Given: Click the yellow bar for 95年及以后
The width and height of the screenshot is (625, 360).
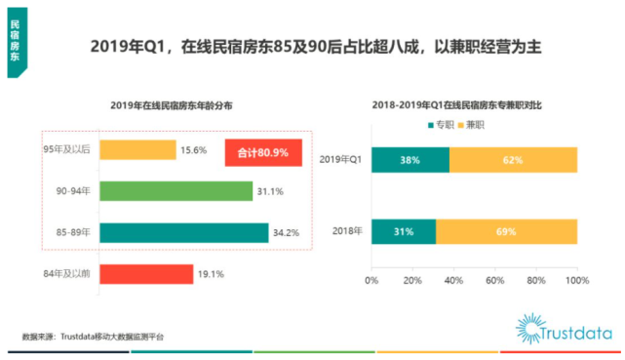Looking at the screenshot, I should [137, 150].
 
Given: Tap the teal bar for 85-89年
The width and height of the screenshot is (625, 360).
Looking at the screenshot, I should [183, 232].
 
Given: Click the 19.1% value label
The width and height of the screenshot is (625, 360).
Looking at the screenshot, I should [212, 274].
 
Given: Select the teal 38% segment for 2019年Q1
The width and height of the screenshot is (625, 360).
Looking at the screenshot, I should [410, 160].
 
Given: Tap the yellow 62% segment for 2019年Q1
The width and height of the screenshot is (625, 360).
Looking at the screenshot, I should [513, 160].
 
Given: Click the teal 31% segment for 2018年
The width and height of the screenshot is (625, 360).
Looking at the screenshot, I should [403, 231].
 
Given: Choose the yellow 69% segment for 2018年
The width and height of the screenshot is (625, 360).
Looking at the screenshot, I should [506, 231].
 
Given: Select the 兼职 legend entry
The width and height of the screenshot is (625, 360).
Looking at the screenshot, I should [475, 126].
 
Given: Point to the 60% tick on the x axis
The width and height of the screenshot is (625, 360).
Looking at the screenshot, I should [494, 280].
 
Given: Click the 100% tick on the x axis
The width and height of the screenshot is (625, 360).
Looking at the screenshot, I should [577, 280].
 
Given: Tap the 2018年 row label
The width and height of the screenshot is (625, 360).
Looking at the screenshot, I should [347, 231].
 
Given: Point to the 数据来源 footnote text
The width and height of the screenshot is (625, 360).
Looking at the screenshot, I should [93, 337].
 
